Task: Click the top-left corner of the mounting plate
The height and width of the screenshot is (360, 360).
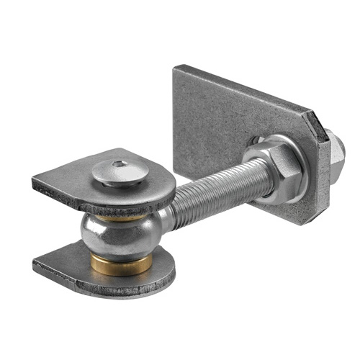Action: click(175, 67)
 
